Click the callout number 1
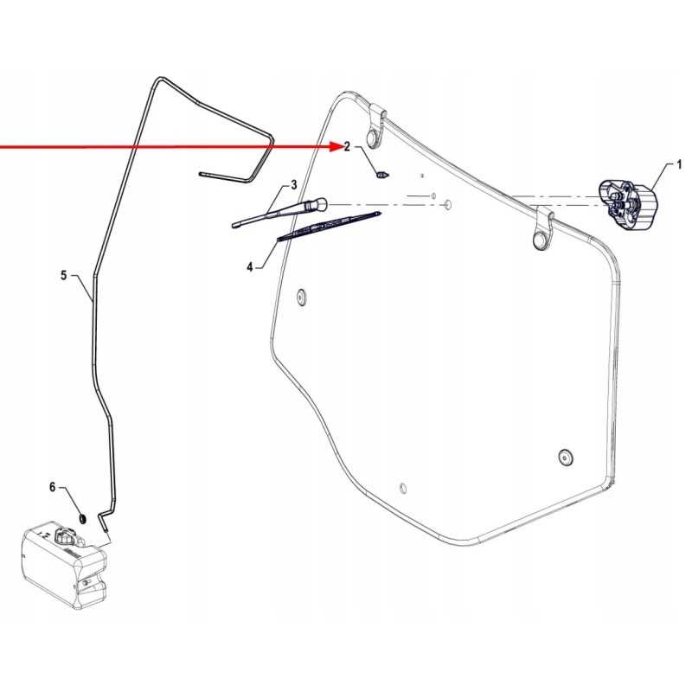point(679,165)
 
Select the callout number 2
point(347,146)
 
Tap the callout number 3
point(294,185)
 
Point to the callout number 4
point(250,267)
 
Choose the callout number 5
point(64,275)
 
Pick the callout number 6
point(53,487)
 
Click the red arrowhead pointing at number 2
point(336,146)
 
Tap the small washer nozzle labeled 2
point(382,175)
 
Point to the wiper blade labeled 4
point(329,227)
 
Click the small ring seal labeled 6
point(82,518)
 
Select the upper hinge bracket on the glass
point(375,125)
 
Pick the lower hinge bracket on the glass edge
point(542,227)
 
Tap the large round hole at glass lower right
point(565,457)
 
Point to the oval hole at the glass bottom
point(403,488)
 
